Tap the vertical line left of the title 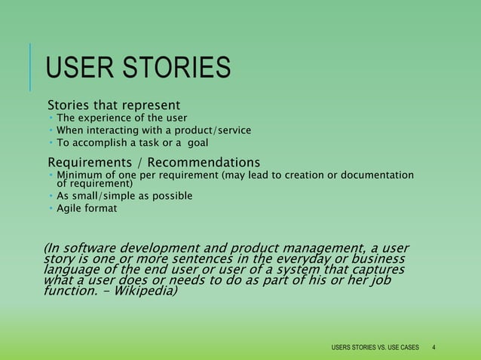click(x=32, y=67)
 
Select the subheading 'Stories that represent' click(x=114, y=104)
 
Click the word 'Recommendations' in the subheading click(x=204, y=163)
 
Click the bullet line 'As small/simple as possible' click(x=124, y=196)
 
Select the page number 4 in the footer click(x=434, y=347)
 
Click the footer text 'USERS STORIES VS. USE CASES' click(x=375, y=347)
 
